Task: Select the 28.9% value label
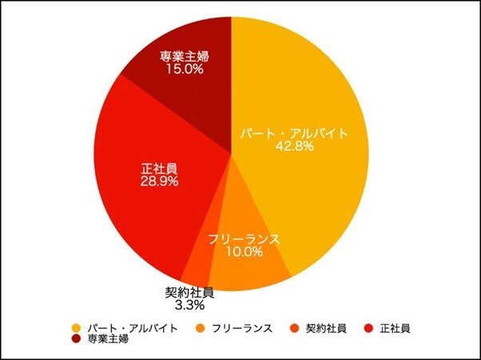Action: [x=158, y=181]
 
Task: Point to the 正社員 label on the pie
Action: [x=159, y=168]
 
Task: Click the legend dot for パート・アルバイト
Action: [x=76, y=328]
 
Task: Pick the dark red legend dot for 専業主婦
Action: [x=76, y=339]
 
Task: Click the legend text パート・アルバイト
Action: [x=133, y=328]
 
